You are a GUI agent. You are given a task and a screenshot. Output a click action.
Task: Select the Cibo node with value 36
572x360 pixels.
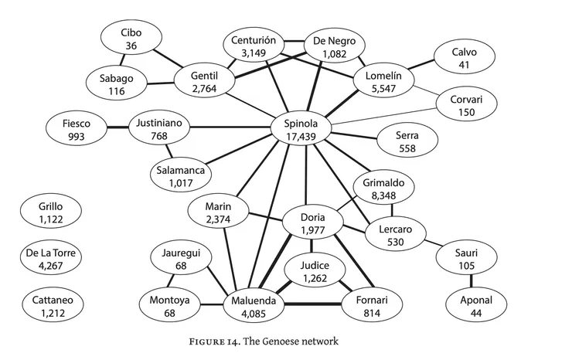click(131, 39)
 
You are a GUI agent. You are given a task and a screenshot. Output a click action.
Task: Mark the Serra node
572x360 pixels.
click(407, 141)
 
